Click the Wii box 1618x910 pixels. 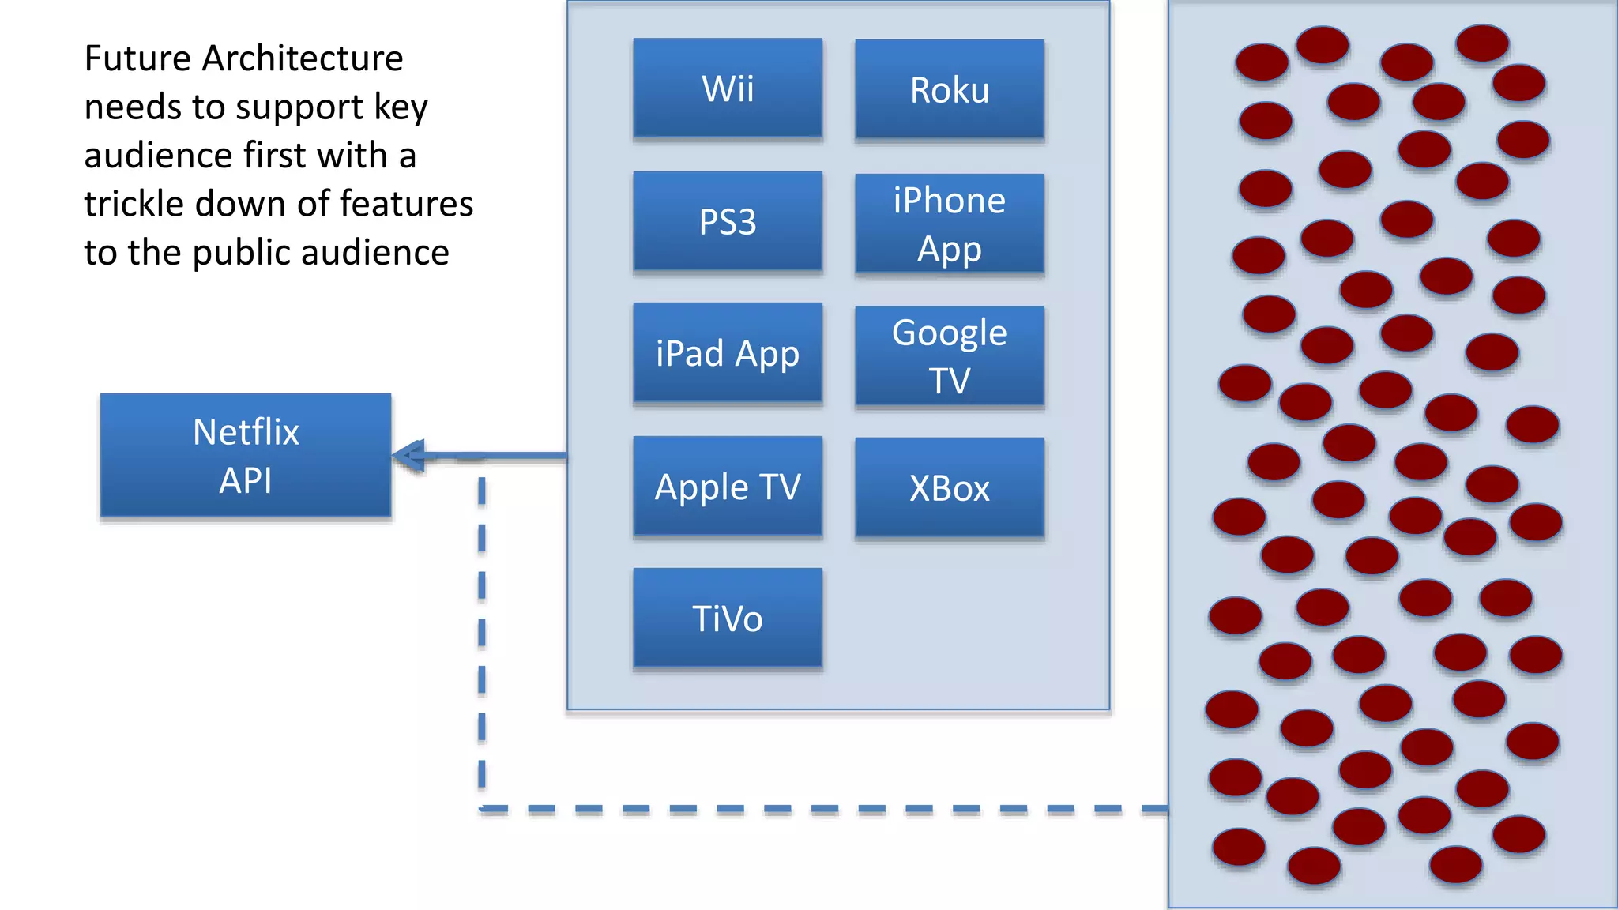728,88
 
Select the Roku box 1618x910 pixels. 949,90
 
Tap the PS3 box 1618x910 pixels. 728,221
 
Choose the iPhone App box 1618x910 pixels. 949,224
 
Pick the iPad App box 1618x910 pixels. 728,353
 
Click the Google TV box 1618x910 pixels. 949,356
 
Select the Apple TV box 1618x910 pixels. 728,487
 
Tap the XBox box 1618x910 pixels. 949,488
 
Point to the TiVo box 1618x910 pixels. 728,619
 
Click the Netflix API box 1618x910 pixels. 246,456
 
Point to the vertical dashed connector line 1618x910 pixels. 482,632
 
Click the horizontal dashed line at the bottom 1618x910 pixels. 822,809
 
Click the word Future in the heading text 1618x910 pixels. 137,58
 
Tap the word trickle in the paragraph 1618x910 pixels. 134,204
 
